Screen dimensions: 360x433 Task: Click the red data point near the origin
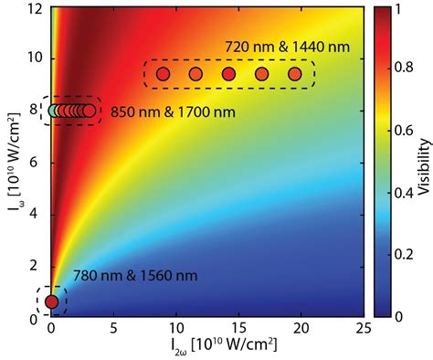52,302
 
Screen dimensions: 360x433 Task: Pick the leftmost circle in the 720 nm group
164,74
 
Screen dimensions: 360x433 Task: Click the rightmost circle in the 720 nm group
294,74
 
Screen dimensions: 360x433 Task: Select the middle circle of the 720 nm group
228,74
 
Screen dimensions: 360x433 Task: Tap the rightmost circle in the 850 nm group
89,111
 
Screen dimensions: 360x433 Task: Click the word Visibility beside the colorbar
423,162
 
